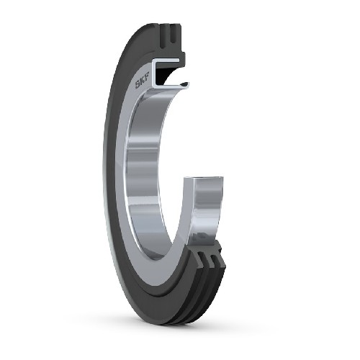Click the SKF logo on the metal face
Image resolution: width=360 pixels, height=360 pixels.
(143, 80)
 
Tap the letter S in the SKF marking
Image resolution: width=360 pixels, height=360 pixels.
(138, 84)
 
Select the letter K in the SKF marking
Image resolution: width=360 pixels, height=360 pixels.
(143, 80)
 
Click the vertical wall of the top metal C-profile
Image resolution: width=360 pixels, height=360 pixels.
(153, 72)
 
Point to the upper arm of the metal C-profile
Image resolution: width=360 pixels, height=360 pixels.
(167, 61)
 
